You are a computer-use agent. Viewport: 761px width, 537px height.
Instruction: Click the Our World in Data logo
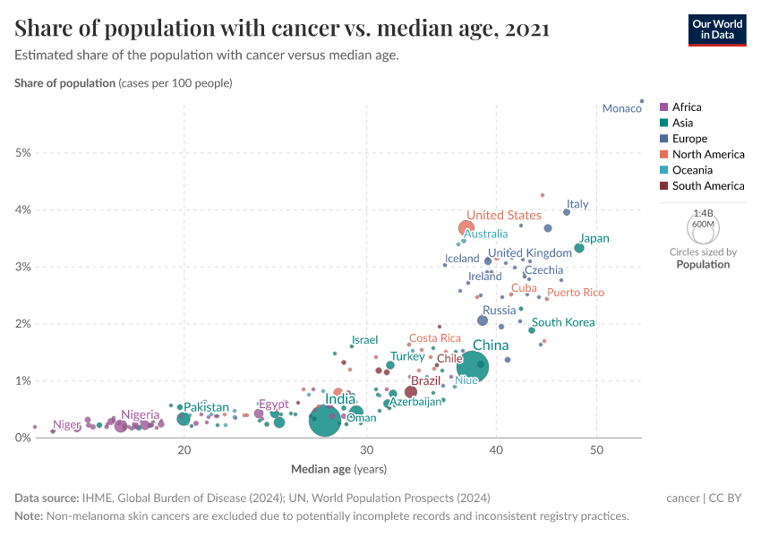[x=716, y=29]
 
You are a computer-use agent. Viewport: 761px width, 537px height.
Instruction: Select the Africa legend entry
[x=687, y=107]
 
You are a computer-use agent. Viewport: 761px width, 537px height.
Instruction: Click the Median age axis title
[x=338, y=468]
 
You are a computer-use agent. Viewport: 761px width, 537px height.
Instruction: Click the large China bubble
[x=473, y=365]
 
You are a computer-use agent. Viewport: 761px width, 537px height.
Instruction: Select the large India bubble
[x=324, y=420]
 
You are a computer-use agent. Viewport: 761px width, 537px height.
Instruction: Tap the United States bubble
[x=466, y=228]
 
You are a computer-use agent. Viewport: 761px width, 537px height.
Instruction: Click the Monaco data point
[x=642, y=101]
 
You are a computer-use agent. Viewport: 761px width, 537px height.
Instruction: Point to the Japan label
[x=594, y=239]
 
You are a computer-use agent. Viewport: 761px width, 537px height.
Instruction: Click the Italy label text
[x=577, y=204]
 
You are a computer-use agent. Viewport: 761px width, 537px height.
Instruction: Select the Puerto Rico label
[x=576, y=293]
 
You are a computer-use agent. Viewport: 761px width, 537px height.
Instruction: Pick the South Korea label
[x=563, y=322]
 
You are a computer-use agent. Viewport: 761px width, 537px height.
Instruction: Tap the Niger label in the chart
[x=66, y=425]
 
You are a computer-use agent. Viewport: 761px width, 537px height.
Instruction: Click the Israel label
[x=364, y=340]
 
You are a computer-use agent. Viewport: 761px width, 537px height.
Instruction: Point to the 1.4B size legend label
[x=703, y=214]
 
